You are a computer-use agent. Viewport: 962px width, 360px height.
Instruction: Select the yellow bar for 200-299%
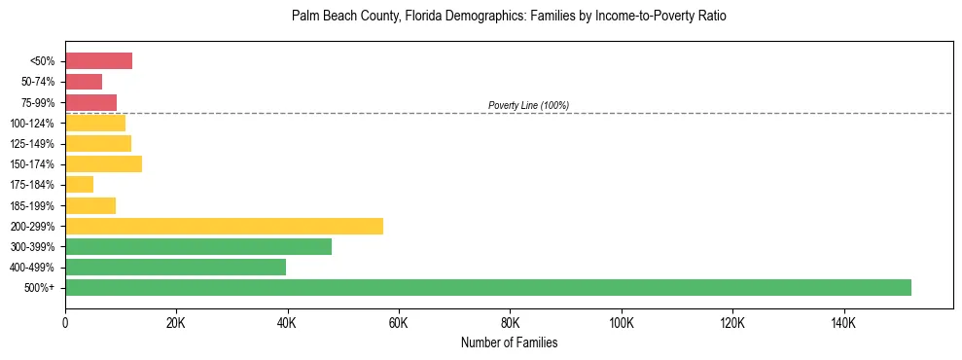coord(224,226)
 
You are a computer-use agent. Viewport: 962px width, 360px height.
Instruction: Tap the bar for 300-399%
coord(198,246)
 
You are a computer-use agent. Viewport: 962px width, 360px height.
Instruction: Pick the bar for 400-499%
coord(175,267)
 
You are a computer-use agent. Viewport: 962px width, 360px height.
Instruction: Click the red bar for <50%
coord(98,61)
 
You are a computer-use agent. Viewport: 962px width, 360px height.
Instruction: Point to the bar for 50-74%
coord(84,82)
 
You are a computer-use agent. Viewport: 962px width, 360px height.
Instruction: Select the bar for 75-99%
coord(90,102)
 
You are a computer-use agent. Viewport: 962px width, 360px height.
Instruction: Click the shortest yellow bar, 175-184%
coord(79,184)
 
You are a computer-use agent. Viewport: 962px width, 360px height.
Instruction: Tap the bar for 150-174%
coord(103,163)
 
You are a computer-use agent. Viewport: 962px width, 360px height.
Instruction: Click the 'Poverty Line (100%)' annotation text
coord(528,105)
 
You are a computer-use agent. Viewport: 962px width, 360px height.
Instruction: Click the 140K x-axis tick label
coord(843,322)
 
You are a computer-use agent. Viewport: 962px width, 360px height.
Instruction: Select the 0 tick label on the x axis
coord(65,322)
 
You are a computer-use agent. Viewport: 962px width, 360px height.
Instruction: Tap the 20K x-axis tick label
coord(176,322)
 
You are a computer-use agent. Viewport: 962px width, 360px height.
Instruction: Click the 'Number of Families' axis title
coord(509,342)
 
